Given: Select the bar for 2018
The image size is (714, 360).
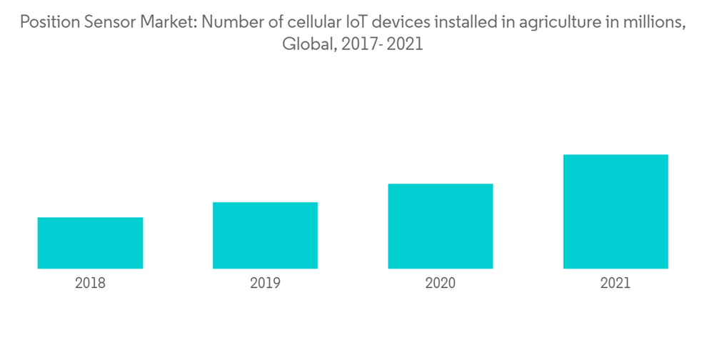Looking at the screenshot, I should click(90, 243).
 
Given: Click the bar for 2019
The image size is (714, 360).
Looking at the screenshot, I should click(265, 235).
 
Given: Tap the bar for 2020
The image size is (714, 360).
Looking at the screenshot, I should click(441, 226).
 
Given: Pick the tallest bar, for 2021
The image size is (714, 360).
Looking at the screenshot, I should click(615, 211).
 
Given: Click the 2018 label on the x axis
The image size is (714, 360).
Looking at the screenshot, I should click(90, 284).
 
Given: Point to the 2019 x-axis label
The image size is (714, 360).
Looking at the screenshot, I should click(265, 284).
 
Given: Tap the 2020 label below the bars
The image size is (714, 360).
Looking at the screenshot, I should click(441, 284).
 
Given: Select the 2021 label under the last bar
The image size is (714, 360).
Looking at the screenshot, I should click(615, 284).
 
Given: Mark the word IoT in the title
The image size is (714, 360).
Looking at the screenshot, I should click(348, 23).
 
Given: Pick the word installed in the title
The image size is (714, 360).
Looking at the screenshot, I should click(457, 23).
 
